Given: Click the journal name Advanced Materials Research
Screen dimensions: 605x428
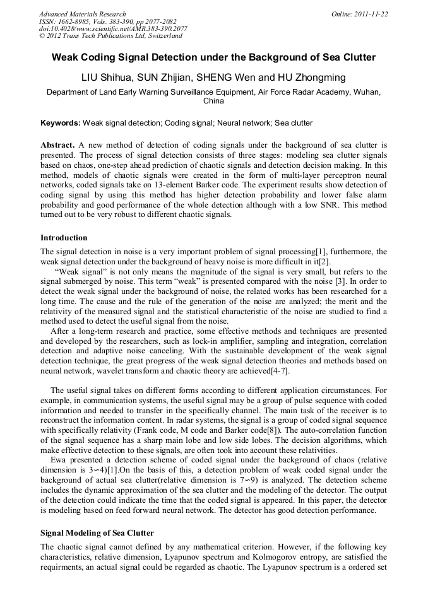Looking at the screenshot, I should click(x=82, y=14).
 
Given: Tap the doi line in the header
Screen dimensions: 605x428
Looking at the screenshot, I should click(x=112, y=29).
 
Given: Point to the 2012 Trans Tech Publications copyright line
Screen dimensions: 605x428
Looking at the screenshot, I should click(x=110, y=36).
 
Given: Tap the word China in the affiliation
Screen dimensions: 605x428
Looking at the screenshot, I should click(x=213, y=101).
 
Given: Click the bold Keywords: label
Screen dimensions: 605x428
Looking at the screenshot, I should click(x=61, y=122).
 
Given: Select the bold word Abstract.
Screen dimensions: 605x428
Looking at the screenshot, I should click(x=58, y=144).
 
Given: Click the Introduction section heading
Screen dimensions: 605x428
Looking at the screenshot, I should click(x=64, y=238).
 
